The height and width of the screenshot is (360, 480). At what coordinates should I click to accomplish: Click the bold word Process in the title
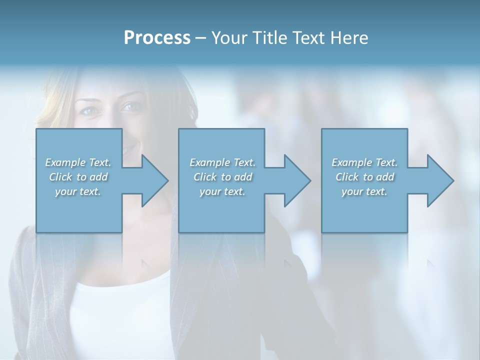[x=157, y=38]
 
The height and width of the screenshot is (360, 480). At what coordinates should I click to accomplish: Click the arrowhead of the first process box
[x=155, y=180]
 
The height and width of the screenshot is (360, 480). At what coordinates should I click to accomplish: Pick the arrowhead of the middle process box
[x=297, y=180]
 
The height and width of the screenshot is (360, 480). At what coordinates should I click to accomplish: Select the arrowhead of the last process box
[x=440, y=180]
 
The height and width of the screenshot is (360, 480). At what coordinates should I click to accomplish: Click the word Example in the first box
[x=65, y=162]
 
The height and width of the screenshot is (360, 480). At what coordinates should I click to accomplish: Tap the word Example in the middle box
[x=210, y=162]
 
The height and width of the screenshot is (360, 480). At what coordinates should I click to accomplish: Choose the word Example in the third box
[x=352, y=162]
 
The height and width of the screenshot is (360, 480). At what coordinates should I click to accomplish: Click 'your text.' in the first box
[x=78, y=191]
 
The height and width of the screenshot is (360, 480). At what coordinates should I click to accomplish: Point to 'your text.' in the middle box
[x=222, y=191]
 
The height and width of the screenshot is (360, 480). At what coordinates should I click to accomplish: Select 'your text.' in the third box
[x=364, y=191]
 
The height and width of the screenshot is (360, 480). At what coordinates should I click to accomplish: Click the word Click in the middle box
[x=205, y=177]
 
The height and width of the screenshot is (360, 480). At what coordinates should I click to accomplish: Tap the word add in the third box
[x=385, y=177]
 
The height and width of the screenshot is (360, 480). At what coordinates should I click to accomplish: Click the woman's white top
[x=120, y=310]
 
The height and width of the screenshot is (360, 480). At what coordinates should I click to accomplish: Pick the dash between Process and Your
[x=201, y=38]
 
